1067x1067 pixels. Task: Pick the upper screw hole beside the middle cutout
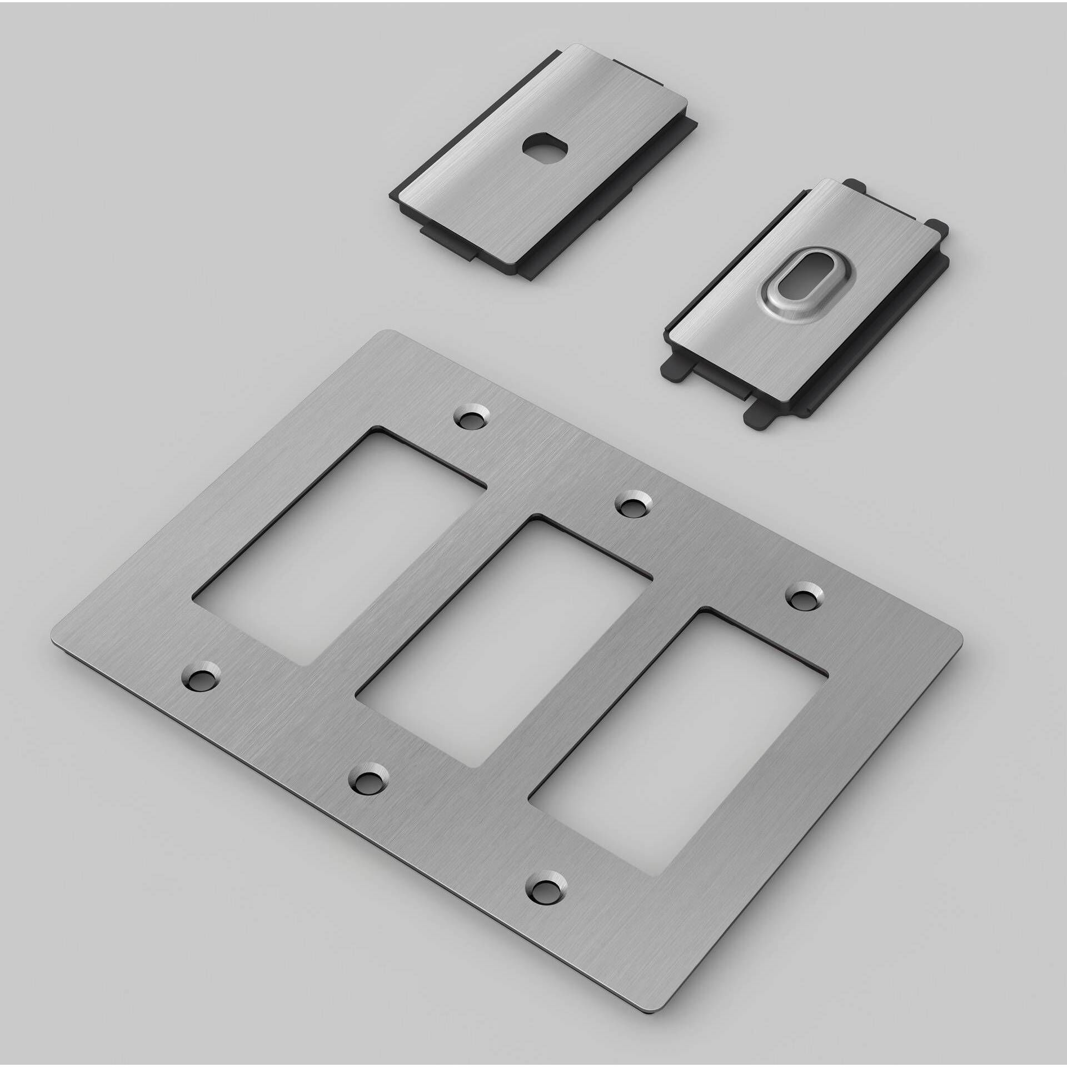tap(634, 505)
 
